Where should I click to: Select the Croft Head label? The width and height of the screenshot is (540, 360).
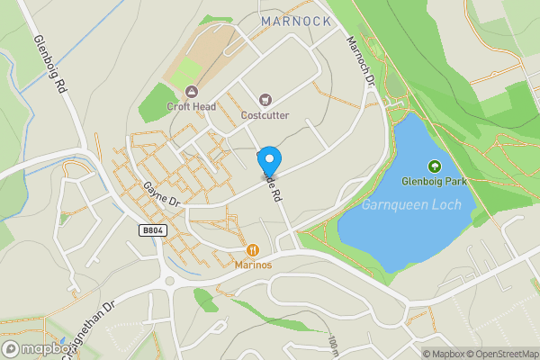pos(192,106)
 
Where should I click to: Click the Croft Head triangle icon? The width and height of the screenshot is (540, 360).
pos(191,91)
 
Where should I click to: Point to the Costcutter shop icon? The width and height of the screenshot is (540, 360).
pos(265,100)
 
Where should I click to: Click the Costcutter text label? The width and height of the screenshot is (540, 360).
pos(265,115)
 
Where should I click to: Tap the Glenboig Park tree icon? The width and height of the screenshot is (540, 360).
pos(435,166)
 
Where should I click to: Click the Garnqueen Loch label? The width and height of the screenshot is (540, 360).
pos(411,205)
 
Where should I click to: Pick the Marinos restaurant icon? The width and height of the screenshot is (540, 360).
pos(253,249)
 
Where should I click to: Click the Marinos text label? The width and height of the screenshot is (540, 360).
pos(253,265)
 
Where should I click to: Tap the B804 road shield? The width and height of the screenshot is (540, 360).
pos(154,231)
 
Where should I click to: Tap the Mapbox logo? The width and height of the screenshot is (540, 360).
pos(37,349)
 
